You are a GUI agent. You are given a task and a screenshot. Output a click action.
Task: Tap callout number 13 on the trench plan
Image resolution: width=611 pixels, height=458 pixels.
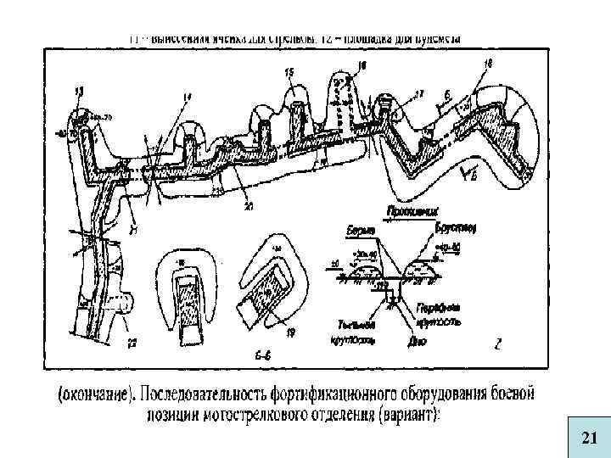[x=80, y=90]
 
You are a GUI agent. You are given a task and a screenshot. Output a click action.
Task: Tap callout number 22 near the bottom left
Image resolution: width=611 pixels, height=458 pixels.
[x=132, y=342]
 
